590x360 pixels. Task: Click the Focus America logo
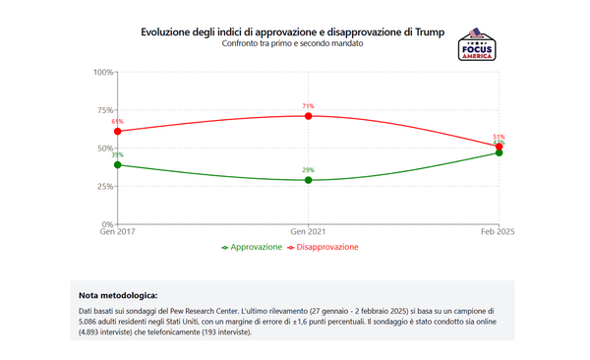476,44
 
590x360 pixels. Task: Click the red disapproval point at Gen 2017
117,131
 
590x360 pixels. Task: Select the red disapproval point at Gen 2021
309,116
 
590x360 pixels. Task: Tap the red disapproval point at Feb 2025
500,147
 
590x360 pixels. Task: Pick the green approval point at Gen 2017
117,164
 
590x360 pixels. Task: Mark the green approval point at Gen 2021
309,180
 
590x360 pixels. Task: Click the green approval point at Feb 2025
500,152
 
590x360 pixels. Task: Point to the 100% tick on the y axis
102,72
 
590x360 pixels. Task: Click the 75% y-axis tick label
104,110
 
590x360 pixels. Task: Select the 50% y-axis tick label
104,149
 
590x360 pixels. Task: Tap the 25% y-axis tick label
104,187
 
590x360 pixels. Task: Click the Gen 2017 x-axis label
117,232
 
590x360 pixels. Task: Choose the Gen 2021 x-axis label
309,232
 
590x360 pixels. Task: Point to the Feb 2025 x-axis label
498,232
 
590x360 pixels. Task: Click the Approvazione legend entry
253,247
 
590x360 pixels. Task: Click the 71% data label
309,105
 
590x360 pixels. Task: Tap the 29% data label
309,170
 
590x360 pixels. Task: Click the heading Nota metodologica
118,295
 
